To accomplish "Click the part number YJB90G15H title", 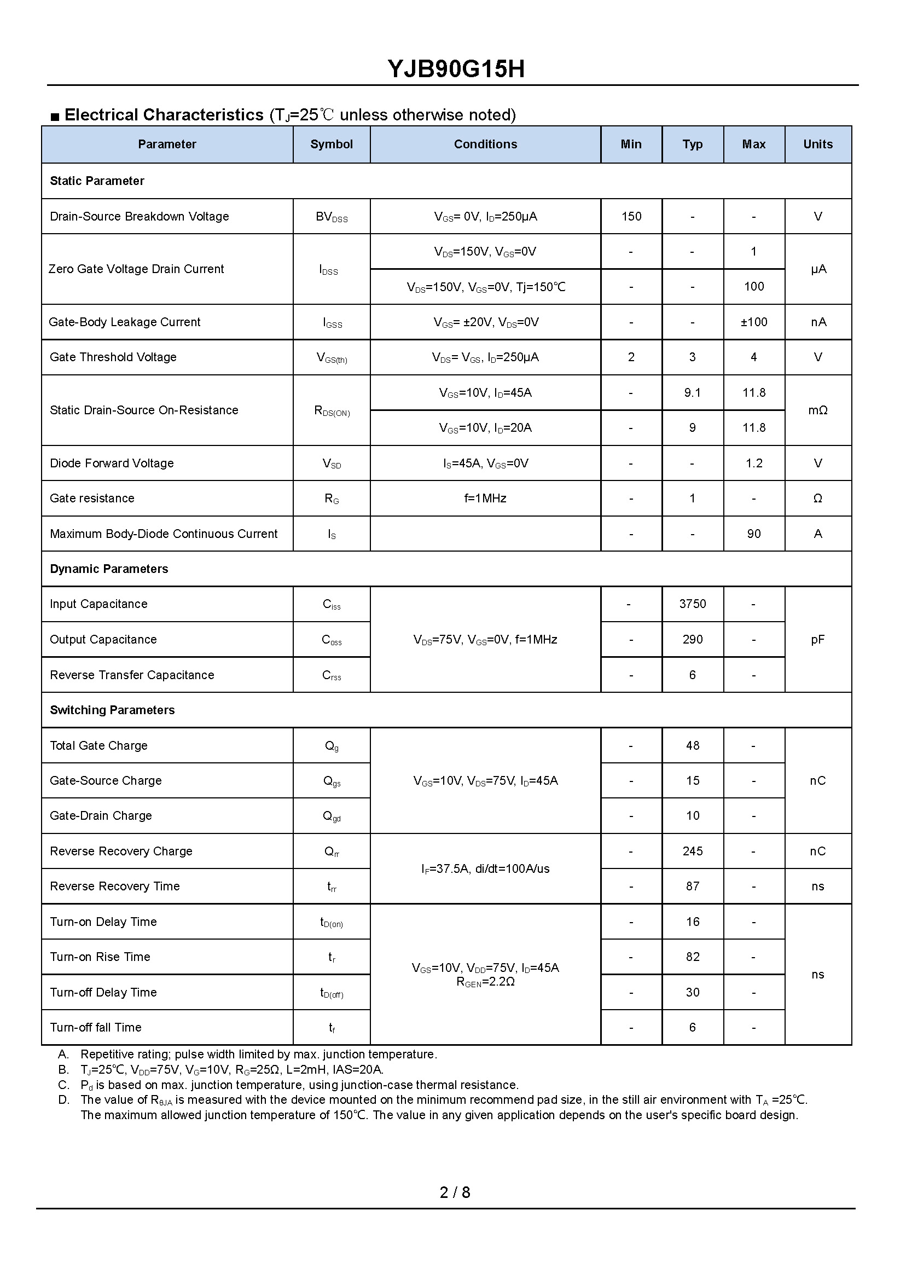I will coord(456,69).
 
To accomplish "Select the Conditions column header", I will coord(485,144).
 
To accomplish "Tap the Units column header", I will coord(817,144).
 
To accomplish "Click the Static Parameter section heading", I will coord(97,181).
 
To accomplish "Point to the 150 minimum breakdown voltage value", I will coord(631,217).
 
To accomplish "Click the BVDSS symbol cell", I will coord(332,217).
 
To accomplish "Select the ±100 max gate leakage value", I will coord(754,322).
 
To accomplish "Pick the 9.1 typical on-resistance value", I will coord(692,393).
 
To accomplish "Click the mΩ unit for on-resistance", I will coord(817,410).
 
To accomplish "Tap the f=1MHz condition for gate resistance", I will coord(485,499).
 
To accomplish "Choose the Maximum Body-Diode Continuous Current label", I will coord(164,534).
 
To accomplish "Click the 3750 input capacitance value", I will coord(692,604).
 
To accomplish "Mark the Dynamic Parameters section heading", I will coord(109,569).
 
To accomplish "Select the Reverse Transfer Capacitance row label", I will coord(132,675).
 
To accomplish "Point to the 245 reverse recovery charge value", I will coord(692,851).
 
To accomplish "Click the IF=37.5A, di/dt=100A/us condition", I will coord(485,869).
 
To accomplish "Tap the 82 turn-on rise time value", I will coord(692,957).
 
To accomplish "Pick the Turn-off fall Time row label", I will coord(95,1027).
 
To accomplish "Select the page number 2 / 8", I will coord(455,1192).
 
